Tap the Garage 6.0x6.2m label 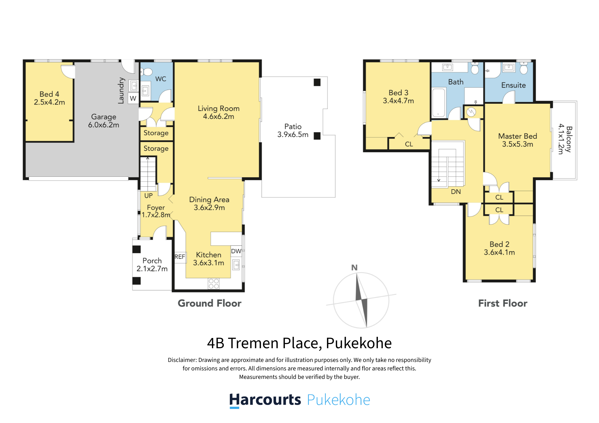click(x=104, y=121)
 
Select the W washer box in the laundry click(x=133, y=98)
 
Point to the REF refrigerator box click(x=180, y=257)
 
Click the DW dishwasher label click(x=236, y=251)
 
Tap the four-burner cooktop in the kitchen click(x=214, y=284)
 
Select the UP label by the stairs click(x=149, y=196)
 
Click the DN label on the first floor click(x=456, y=192)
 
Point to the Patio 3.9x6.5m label click(x=293, y=131)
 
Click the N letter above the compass click(x=354, y=268)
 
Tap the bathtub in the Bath click(x=438, y=103)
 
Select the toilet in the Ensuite click(x=524, y=67)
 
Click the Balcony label click(x=569, y=139)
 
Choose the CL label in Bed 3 click(x=409, y=144)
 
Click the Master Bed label click(x=517, y=136)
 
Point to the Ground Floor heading click(x=209, y=303)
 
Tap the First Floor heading click(x=503, y=303)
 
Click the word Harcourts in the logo click(x=265, y=400)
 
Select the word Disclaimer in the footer click(x=182, y=360)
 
